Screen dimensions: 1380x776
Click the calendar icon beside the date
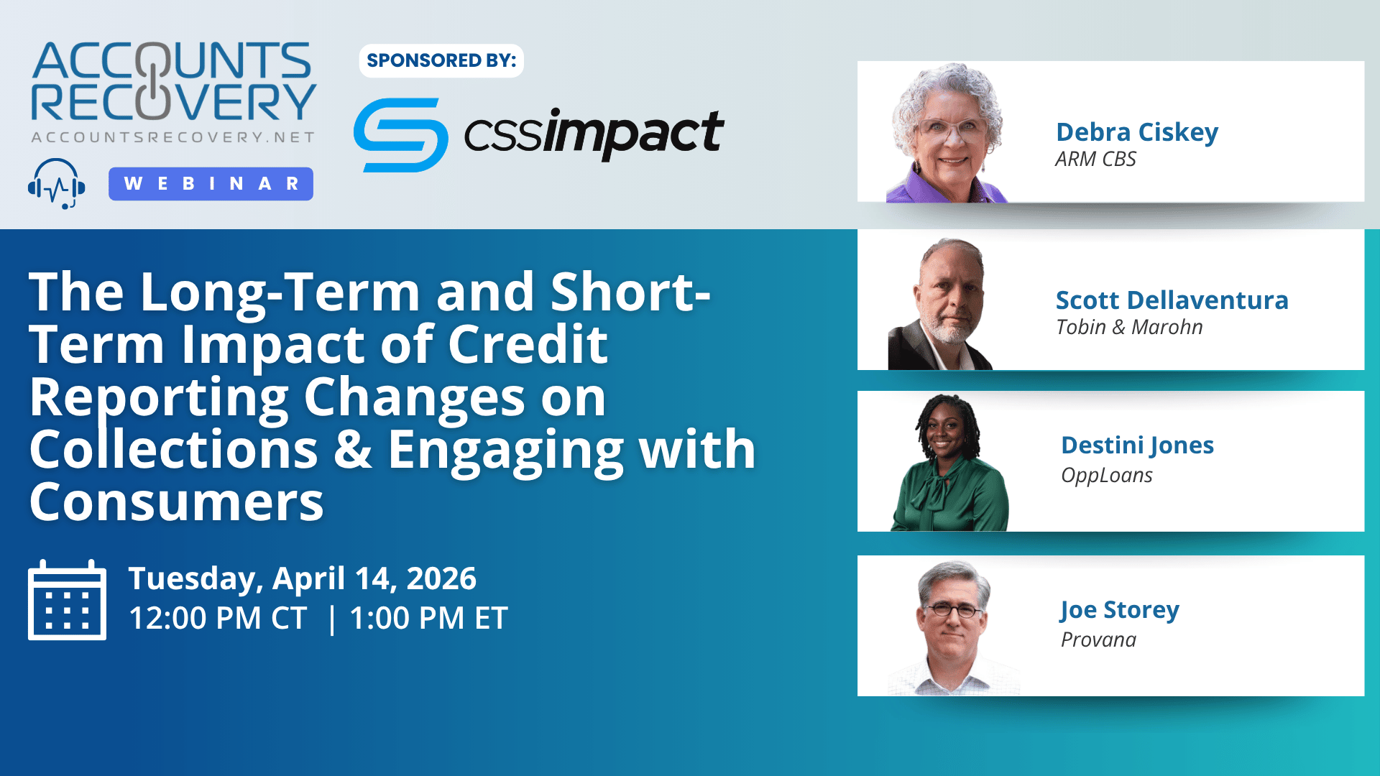pos(67,600)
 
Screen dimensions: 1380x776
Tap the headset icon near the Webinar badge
pos(56,184)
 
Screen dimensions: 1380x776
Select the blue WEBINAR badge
pos(211,184)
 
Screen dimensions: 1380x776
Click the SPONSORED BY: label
pos(441,60)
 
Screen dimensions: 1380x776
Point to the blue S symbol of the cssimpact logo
pos(400,135)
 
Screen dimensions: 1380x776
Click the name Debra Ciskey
pos(1137,132)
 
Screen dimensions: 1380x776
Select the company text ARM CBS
pos(1095,159)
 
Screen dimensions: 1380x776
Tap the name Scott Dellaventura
pos(1172,300)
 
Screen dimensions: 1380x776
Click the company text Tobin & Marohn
pos(1128,327)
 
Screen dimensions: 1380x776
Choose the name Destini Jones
pos(1137,445)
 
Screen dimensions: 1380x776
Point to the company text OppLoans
pos(1106,476)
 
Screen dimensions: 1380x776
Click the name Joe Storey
pos(1119,610)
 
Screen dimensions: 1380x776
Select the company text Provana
pos(1098,639)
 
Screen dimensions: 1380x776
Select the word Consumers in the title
pos(176,502)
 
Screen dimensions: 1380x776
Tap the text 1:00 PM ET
pos(428,618)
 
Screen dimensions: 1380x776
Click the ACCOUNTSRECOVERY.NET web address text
pos(173,137)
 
